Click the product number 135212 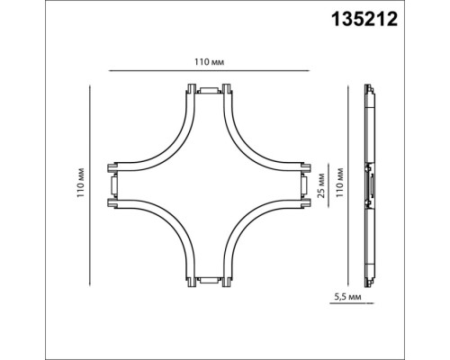coord(400,17)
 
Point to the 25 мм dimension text coord(319,185)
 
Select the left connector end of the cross coord(112,186)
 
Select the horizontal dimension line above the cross coord(209,71)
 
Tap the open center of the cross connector coord(209,186)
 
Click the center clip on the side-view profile coord(369,186)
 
